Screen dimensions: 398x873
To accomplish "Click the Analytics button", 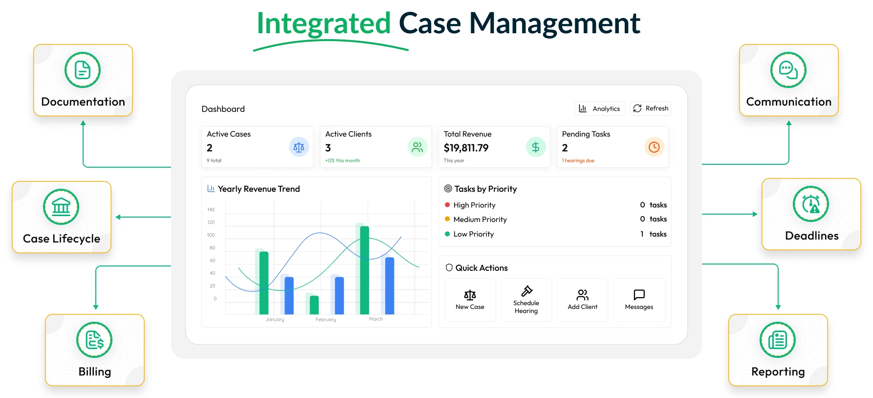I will pyautogui.click(x=600, y=109).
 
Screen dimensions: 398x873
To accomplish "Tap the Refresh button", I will pyautogui.click(x=651, y=109).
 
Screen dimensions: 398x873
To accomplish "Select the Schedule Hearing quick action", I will pyautogui.click(x=526, y=300).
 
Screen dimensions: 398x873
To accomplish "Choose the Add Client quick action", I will pyautogui.click(x=583, y=300).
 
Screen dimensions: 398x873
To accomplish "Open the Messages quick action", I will pyautogui.click(x=639, y=300).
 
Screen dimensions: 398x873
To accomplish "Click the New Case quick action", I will pyautogui.click(x=470, y=300).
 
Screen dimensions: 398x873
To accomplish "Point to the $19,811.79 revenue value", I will pyautogui.click(x=466, y=148).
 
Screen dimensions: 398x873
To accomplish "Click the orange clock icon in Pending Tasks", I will pyautogui.click(x=654, y=147).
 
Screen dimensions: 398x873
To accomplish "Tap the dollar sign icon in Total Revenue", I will pyautogui.click(x=536, y=147).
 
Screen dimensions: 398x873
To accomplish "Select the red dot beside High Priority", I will pyautogui.click(x=447, y=205).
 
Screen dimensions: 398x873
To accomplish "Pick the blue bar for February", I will pyautogui.click(x=339, y=295).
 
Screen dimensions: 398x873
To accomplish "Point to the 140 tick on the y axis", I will pyautogui.click(x=211, y=210).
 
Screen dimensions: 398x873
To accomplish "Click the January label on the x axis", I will pyautogui.click(x=275, y=319).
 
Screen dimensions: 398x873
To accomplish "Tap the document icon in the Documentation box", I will pyautogui.click(x=83, y=70).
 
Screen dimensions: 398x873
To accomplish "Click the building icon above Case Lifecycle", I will pyautogui.click(x=61, y=207).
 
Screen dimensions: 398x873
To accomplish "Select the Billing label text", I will pyautogui.click(x=95, y=372).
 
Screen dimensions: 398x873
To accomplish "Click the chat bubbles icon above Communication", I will pyautogui.click(x=788, y=70).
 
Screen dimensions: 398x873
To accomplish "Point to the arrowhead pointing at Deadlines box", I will pyautogui.click(x=755, y=214).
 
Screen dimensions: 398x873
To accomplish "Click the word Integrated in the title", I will pyautogui.click(x=324, y=23).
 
